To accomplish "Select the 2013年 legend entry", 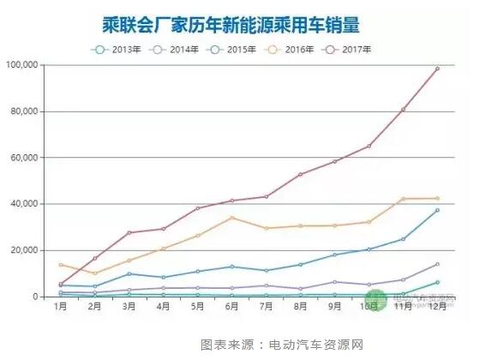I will click(116, 49).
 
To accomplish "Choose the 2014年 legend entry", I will click(174, 49).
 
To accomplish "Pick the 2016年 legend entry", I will click(291, 49).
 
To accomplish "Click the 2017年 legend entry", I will click(350, 49).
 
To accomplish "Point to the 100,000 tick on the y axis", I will click(23, 65).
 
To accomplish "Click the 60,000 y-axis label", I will click(26, 158).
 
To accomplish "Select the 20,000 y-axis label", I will click(26, 250).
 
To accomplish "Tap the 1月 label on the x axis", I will click(60, 306).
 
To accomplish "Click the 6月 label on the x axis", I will click(231, 306).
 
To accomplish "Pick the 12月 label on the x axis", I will click(437, 306).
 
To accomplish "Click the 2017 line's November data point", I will click(403, 110).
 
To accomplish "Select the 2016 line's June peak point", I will click(231, 218).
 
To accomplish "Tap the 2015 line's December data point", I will click(437, 210).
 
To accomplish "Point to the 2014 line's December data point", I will click(437, 264).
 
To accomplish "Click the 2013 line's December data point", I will click(437, 282).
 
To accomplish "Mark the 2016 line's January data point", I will click(60, 265).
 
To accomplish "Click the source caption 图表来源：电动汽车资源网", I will click(282, 345).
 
